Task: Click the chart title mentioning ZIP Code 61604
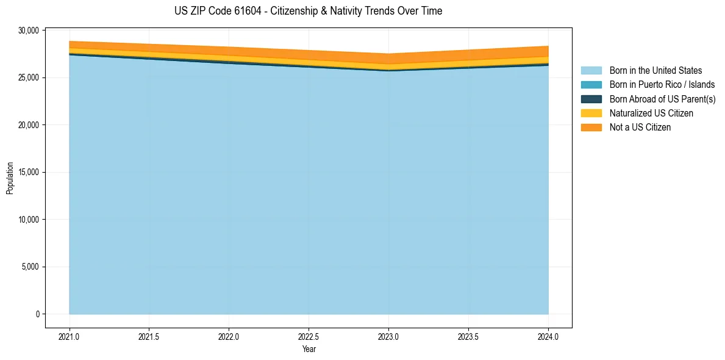point(308,11)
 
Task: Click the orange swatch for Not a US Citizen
point(591,127)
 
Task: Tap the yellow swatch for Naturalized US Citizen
point(591,113)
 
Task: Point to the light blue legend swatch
point(591,71)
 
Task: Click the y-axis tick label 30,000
point(29,31)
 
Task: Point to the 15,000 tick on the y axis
point(29,172)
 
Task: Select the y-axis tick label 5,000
point(30,267)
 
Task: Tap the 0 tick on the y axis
point(37,314)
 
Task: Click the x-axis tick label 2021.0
point(69,336)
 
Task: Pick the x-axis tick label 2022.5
point(309,336)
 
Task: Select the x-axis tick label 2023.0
point(388,336)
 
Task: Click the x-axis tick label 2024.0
point(548,336)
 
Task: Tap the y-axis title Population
point(10,178)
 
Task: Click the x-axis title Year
point(309,349)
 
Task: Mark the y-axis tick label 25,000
point(29,77)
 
